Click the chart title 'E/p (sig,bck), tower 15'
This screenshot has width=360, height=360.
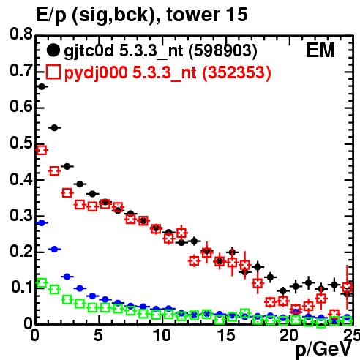click(142, 15)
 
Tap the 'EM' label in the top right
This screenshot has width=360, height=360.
click(320, 50)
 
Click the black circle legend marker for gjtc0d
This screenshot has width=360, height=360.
click(53, 50)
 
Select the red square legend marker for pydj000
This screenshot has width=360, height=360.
click(53, 72)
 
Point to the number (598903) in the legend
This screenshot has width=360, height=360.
click(223, 51)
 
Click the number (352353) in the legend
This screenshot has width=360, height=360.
click(236, 72)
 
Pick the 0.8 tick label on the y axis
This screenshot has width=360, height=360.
click(21, 34)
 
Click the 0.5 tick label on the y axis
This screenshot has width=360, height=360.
click(21, 143)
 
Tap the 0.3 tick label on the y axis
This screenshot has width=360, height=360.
click(21, 215)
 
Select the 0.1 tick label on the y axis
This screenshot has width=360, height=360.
click(21, 287)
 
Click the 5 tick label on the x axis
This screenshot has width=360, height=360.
click(98, 335)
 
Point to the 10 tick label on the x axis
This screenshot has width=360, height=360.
click(162, 335)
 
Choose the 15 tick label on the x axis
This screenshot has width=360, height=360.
click(226, 335)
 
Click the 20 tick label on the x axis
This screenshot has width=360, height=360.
click(289, 335)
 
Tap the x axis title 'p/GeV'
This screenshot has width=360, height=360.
click(323, 350)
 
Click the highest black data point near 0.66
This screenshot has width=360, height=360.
click(42, 86)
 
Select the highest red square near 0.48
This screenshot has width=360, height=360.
click(42, 150)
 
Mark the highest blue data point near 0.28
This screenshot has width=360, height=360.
click(42, 222)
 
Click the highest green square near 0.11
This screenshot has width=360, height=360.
click(42, 283)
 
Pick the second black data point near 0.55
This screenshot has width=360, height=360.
click(54, 127)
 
